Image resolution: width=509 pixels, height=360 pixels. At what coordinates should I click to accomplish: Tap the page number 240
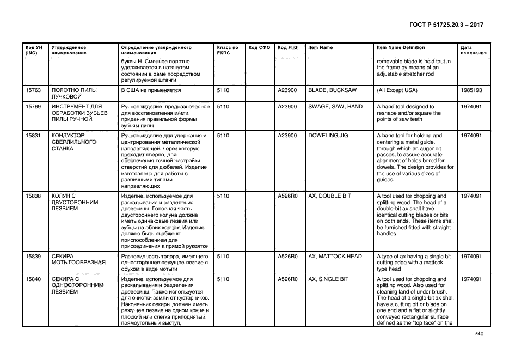tap(479, 334)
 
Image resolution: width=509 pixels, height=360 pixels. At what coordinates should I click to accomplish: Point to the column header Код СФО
tap(259, 48)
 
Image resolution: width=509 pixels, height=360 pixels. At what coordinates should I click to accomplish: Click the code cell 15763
tap(34, 90)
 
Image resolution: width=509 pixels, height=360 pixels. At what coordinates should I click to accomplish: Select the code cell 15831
tap(34, 136)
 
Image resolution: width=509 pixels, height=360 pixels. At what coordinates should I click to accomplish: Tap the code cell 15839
tap(34, 257)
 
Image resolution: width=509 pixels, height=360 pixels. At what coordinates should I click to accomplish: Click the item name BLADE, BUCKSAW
tap(332, 90)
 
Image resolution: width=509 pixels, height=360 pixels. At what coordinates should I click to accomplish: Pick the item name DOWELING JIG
tap(328, 136)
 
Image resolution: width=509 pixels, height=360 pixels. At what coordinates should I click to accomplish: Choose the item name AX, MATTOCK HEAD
tap(335, 257)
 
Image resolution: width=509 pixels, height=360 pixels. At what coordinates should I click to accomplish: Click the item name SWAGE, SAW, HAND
tap(335, 107)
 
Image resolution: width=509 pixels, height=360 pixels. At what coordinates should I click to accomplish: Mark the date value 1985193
tap(471, 90)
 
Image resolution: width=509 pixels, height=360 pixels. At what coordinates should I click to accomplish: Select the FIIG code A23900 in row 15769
tap(287, 107)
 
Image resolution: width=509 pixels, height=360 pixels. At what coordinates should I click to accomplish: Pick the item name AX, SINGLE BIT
tap(328, 279)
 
